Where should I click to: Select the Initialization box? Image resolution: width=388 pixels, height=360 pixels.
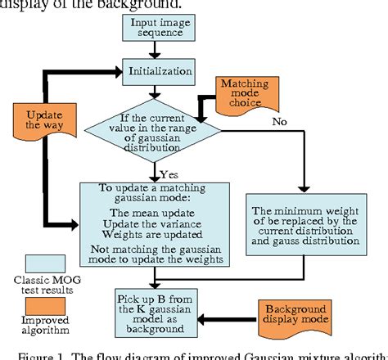coord(157,71)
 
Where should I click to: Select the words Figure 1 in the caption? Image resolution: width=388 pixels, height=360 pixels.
coord(38,354)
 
